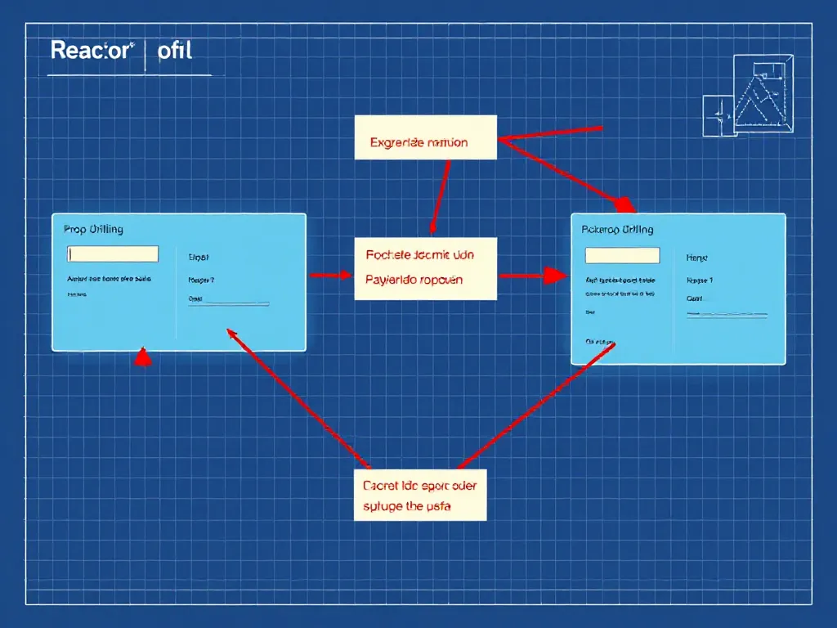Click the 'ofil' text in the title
click(174, 50)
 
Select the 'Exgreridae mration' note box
click(425, 137)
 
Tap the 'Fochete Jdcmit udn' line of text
click(418, 254)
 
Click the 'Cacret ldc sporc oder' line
click(419, 485)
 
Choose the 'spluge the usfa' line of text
click(406, 506)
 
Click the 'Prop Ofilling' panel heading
click(93, 230)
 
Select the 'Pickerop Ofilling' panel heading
click(617, 230)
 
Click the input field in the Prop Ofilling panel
click(113, 253)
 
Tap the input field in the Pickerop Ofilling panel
click(622, 255)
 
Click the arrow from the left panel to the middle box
click(330, 276)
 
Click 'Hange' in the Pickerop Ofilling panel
click(696, 257)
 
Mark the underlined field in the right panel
click(727, 313)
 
